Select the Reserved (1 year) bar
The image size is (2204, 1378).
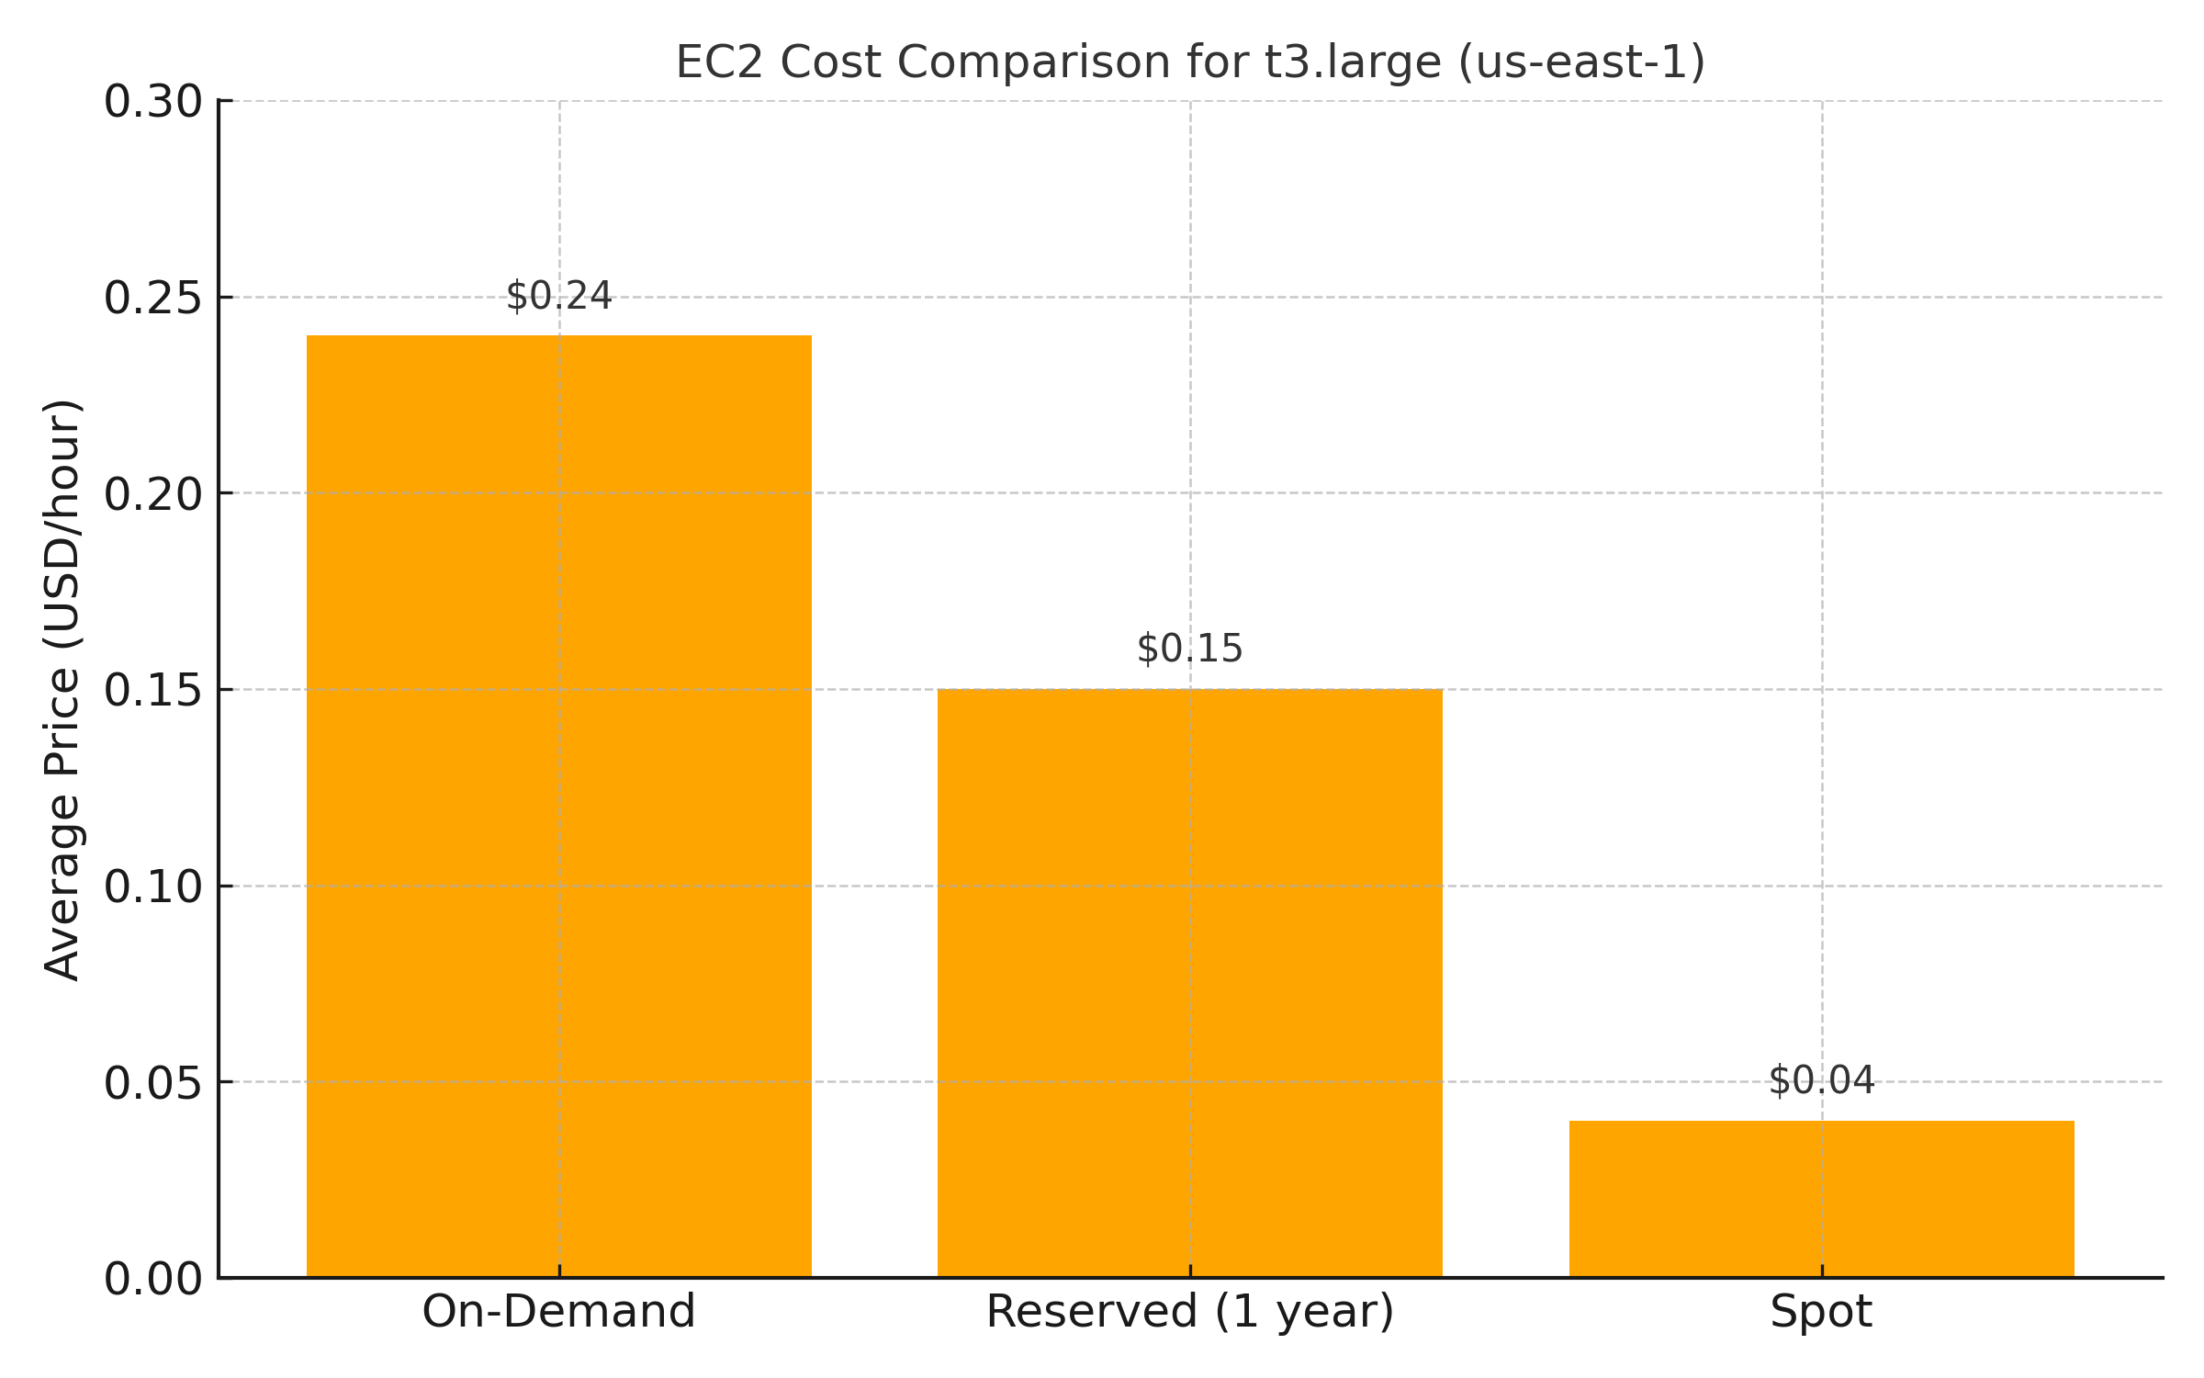tap(1189, 983)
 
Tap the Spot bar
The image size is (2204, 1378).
tap(1821, 1198)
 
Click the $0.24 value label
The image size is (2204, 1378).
tap(558, 296)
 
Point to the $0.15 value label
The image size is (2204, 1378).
tap(1189, 649)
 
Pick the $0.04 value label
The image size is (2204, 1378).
tap(1821, 1080)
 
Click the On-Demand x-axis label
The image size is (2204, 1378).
tap(558, 1312)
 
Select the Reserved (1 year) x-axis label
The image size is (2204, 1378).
tap(1189, 1312)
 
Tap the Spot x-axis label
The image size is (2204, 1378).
tap(1821, 1312)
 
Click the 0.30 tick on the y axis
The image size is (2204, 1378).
tap(152, 101)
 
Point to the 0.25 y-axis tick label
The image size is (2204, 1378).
tap(152, 298)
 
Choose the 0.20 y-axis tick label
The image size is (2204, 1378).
tap(152, 494)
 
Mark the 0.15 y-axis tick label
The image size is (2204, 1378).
tap(152, 690)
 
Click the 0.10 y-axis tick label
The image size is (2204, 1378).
tap(152, 887)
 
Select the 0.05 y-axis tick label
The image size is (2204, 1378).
tap(152, 1082)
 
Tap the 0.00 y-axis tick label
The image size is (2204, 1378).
tap(152, 1279)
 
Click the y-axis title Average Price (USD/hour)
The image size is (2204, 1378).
tap(62, 690)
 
